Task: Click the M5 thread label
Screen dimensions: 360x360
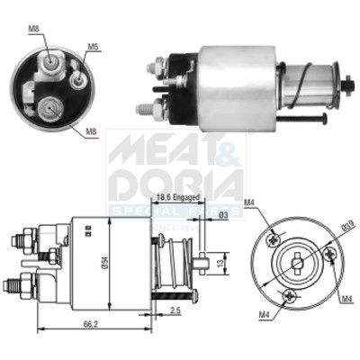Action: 94,46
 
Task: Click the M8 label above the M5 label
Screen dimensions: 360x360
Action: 33,30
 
